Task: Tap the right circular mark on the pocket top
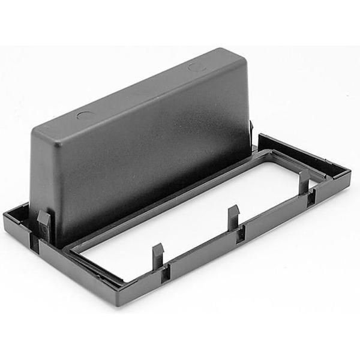pyautogui.click(x=197, y=66)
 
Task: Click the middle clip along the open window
pyautogui.click(x=233, y=215)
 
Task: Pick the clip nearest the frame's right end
pyautogui.click(x=305, y=178)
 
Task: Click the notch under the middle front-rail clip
pyautogui.click(x=240, y=235)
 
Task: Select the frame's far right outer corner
pyautogui.click(x=351, y=170)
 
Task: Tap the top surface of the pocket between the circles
pyautogui.click(x=141, y=90)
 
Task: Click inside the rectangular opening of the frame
pyautogui.click(x=198, y=222)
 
